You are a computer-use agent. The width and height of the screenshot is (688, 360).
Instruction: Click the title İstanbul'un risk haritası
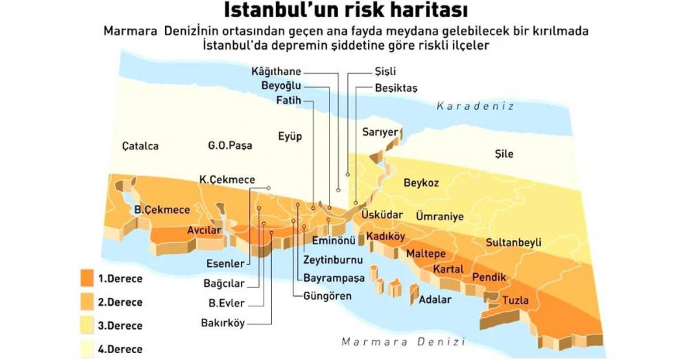(345, 12)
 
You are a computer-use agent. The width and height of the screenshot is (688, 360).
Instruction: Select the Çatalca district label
(140, 146)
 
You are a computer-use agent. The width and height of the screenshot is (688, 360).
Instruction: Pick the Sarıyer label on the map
(380, 131)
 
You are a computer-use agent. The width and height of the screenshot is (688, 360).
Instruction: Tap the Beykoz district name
(421, 182)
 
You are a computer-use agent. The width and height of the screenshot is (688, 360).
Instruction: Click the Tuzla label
(515, 300)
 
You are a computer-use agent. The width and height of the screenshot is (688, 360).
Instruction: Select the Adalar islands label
(435, 299)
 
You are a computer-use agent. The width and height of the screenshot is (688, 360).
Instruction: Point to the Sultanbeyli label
(513, 242)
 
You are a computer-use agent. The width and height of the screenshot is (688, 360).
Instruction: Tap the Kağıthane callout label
(276, 72)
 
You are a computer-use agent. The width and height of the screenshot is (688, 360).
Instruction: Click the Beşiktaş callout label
(396, 88)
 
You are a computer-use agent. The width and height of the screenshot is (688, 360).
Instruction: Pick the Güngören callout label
(327, 296)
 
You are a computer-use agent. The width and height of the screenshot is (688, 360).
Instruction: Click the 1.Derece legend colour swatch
(87, 279)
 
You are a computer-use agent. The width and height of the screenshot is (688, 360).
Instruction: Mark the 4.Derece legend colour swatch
(87, 348)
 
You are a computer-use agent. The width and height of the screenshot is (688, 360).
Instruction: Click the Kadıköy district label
(385, 236)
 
